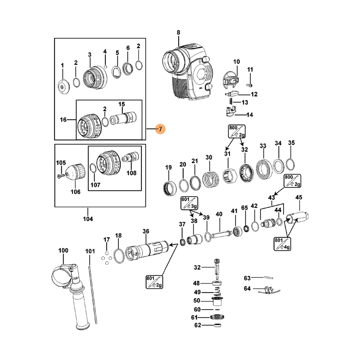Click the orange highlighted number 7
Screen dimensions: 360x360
click(x=160, y=129)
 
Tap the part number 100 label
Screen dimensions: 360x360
click(x=63, y=250)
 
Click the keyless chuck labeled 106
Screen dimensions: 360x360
click(x=76, y=173)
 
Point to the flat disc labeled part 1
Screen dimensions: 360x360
click(x=63, y=85)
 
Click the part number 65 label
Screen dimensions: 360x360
click(x=244, y=208)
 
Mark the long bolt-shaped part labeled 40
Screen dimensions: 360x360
click(x=219, y=234)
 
